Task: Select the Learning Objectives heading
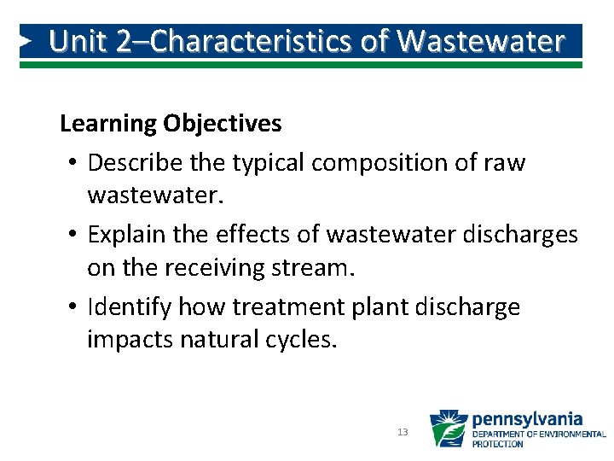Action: click(171, 124)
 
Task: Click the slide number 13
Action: click(403, 433)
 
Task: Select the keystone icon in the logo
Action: click(448, 429)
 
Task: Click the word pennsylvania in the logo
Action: click(527, 419)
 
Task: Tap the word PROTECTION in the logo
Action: click(498, 444)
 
